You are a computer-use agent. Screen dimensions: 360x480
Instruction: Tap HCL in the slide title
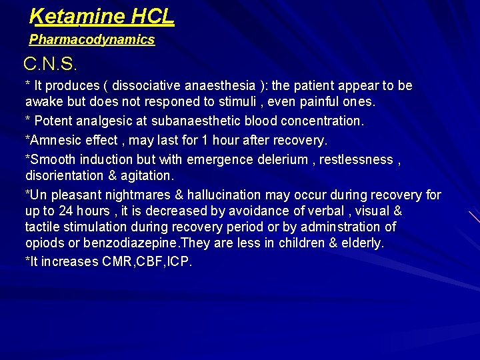pos(153,16)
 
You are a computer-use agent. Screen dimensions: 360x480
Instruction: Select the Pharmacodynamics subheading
pos(92,40)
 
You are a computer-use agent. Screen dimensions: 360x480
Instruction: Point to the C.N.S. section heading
pos(51,65)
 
